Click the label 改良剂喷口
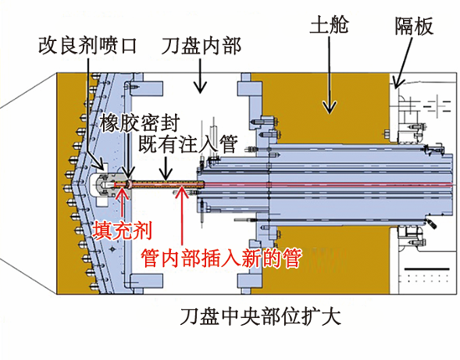[x=88, y=46]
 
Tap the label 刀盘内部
[x=201, y=46]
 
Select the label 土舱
[x=329, y=24]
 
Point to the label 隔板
[x=414, y=26]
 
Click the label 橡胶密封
[x=140, y=123]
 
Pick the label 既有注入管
[x=188, y=144]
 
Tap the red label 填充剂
[x=122, y=230]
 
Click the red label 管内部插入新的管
[x=221, y=258]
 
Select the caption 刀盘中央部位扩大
[x=261, y=316]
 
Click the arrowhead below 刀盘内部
[x=200, y=88]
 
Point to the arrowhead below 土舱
[x=329, y=107]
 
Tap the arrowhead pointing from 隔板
[x=397, y=83]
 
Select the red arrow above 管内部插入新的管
[x=182, y=217]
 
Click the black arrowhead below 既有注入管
[x=166, y=176]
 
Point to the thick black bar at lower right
[x=426, y=269]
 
